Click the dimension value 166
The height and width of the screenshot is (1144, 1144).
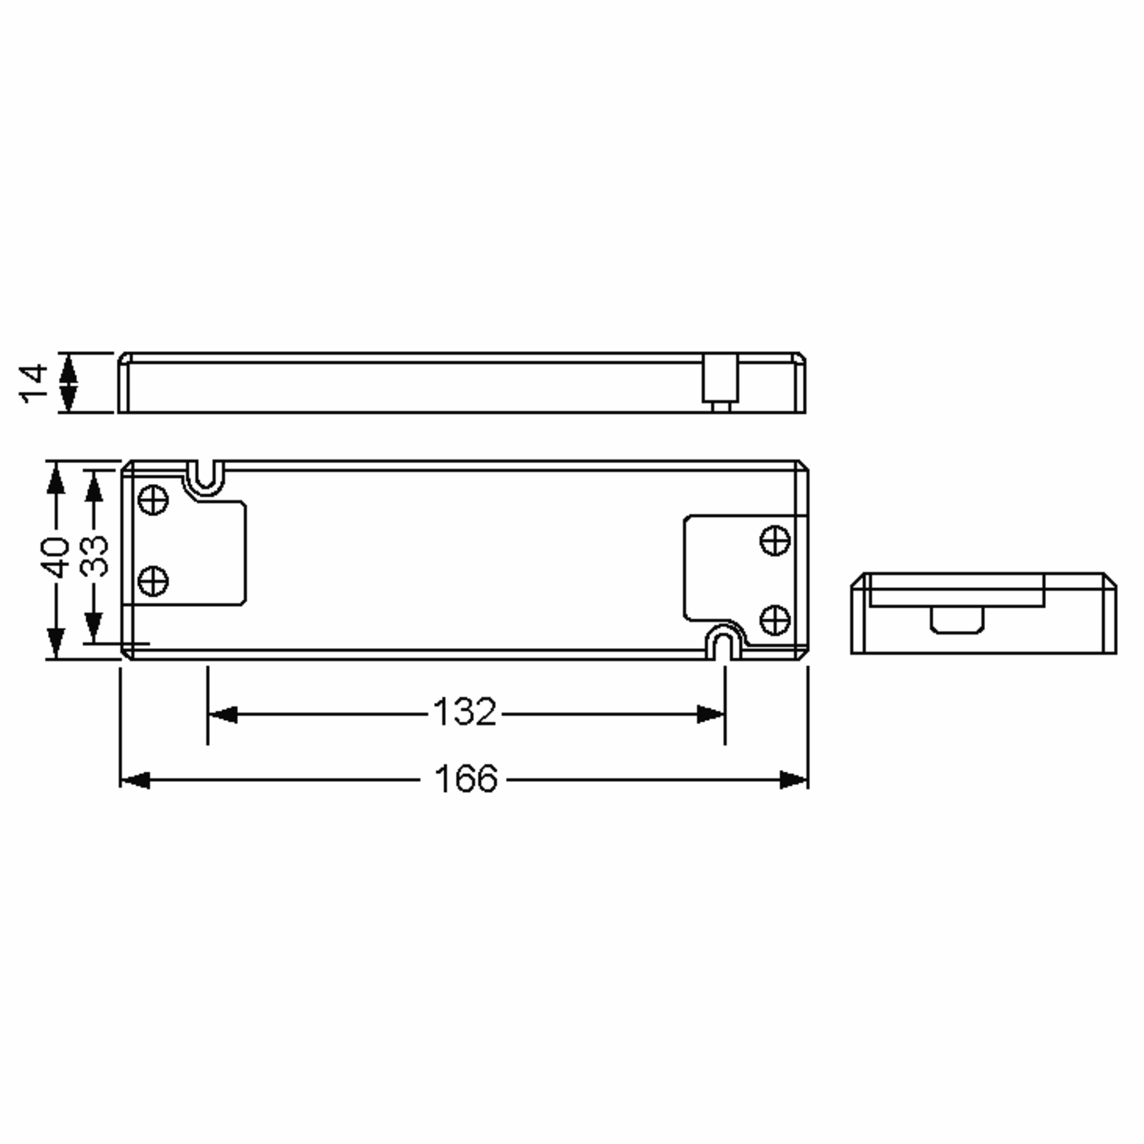click(466, 779)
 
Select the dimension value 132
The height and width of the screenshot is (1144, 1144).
click(465, 712)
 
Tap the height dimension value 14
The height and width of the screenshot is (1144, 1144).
click(34, 384)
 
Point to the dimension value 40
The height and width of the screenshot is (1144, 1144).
click(56, 557)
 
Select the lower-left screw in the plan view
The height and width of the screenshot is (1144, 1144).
click(153, 581)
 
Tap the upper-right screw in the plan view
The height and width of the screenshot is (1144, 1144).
click(775, 540)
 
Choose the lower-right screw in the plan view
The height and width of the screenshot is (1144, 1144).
click(775, 619)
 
